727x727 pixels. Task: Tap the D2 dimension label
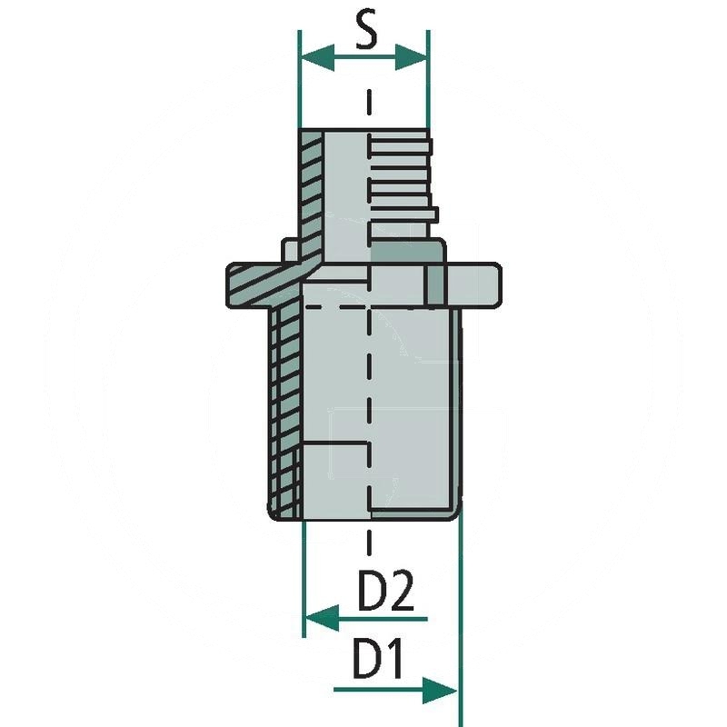[x=385, y=593]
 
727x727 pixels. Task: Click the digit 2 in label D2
[x=402, y=593]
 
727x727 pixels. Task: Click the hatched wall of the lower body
[x=286, y=409]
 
